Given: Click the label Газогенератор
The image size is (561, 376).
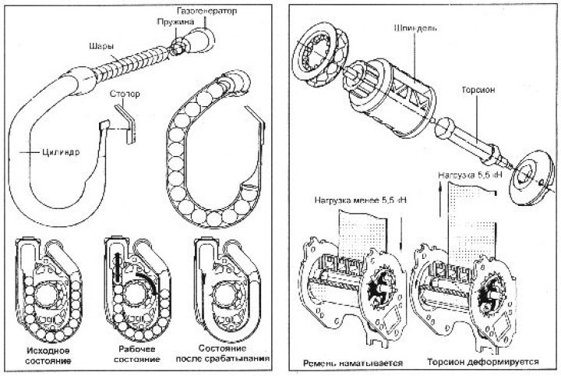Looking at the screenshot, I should [206, 13].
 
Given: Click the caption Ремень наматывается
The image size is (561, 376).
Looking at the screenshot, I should [346, 362].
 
